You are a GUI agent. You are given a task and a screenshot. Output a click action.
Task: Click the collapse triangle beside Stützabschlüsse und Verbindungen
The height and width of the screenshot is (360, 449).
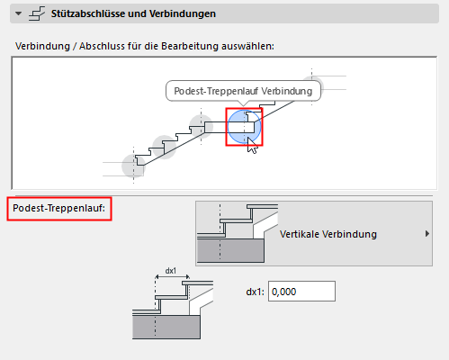point(19,13)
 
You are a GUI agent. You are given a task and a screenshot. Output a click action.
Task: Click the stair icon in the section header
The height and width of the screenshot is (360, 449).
point(37,13)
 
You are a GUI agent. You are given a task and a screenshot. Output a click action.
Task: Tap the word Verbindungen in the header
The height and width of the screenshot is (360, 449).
point(183,13)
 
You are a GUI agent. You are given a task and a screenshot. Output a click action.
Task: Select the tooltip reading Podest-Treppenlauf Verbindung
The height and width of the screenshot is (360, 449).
point(243,91)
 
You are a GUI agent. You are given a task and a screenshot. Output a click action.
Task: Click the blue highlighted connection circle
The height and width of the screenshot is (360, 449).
point(244,127)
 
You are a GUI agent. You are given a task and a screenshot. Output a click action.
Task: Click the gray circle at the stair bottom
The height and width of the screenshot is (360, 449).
point(133,166)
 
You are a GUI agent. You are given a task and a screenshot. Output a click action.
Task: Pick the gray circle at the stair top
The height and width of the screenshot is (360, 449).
point(312,84)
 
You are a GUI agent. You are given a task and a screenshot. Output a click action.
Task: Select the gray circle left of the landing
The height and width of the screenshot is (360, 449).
point(202,126)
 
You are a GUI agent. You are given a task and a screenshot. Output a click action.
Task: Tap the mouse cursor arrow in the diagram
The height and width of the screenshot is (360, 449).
point(252,146)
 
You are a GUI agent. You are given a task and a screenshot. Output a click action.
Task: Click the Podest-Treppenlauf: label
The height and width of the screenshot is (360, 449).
point(59,208)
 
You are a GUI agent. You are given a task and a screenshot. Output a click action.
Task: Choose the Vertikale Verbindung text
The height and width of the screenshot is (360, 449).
point(328,234)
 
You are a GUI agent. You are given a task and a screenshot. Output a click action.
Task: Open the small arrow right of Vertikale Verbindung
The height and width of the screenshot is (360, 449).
point(427,234)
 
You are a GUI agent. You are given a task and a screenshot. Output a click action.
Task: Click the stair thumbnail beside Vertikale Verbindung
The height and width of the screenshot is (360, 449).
point(238,233)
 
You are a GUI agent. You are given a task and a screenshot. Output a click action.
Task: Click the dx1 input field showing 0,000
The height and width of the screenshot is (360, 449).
point(301,292)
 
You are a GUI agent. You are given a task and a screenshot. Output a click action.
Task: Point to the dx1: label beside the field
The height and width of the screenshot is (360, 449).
point(255,292)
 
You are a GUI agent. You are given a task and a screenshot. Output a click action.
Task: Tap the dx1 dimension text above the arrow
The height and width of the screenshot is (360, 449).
point(171,271)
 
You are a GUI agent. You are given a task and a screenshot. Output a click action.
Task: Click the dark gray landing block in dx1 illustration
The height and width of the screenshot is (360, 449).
point(166,327)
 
